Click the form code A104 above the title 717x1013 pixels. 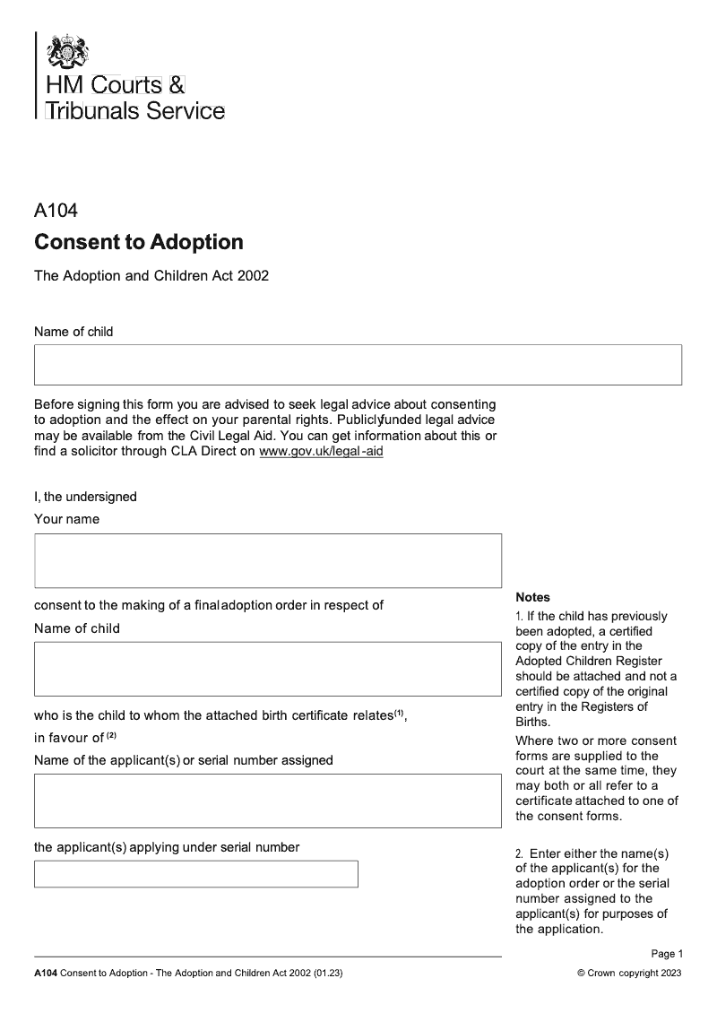[x=56, y=212]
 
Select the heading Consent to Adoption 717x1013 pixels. [x=138, y=242]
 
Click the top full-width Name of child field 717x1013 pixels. [x=358, y=365]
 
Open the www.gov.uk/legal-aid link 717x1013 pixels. [x=321, y=451]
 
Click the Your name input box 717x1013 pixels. [x=267, y=560]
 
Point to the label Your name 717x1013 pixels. [x=66, y=519]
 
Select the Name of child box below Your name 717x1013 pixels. [x=267, y=669]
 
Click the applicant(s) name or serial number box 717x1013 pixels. [x=267, y=801]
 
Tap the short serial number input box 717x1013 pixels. [x=195, y=874]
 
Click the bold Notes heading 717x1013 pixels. [x=533, y=597]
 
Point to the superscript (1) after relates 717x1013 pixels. [x=400, y=714]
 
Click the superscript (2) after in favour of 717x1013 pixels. [x=111, y=737]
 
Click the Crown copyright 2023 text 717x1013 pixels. [x=629, y=974]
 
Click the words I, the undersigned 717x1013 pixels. [x=85, y=497]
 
